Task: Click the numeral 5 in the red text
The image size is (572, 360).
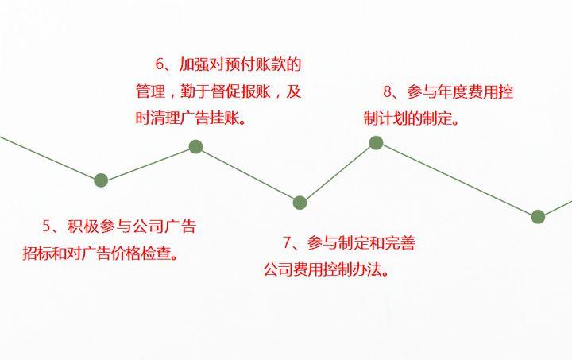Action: tap(46, 226)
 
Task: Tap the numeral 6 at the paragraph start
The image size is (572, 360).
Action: tap(159, 64)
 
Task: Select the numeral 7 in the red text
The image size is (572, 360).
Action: tap(288, 242)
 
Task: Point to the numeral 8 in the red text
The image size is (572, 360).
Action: tap(388, 92)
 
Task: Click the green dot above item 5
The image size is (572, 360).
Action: tap(101, 180)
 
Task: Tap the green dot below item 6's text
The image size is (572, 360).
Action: tap(195, 146)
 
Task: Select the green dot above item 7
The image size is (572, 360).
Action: tap(300, 203)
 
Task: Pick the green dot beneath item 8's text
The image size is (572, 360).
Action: tap(376, 143)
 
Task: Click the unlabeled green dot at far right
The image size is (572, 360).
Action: tap(538, 216)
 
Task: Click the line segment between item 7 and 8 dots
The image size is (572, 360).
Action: tap(338, 173)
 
